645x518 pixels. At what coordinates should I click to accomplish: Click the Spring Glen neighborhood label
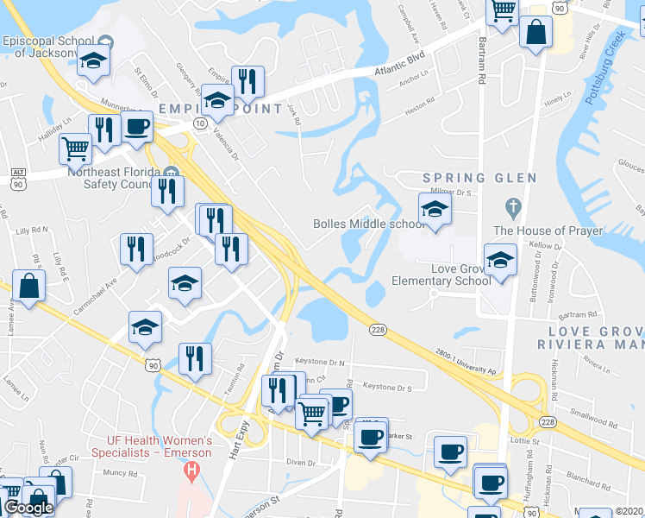point(479,178)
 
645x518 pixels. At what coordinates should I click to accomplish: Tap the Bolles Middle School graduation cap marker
point(435,209)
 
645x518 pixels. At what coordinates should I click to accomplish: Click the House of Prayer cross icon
point(513,207)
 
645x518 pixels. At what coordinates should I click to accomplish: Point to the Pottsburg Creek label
point(604,68)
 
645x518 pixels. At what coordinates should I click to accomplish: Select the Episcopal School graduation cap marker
point(94,60)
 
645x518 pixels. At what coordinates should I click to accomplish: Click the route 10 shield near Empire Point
point(199,124)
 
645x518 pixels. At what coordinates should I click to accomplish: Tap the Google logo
point(29,507)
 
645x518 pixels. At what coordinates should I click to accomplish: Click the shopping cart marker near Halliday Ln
point(75,148)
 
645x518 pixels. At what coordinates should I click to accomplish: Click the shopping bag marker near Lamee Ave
point(29,287)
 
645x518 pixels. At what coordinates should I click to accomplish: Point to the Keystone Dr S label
point(393,387)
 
